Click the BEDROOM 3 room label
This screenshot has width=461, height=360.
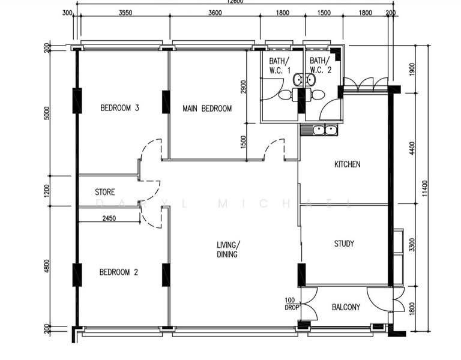click(x=119, y=109)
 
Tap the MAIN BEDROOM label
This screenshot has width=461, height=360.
click(x=207, y=109)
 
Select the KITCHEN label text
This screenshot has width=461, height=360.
click(x=347, y=164)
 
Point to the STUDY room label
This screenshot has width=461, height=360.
click(x=344, y=244)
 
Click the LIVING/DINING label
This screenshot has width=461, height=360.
click(x=228, y=250)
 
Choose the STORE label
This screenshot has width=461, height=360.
click(x=105, y=193)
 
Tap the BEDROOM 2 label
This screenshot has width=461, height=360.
click(x=118, y=272)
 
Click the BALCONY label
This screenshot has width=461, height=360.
click(x=346, y=307)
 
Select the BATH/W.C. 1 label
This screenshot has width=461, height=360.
click(x=279, y=65)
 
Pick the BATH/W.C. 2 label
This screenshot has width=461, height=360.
click(x=320, y=65)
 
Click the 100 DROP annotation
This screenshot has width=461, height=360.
click(x=292, y=304)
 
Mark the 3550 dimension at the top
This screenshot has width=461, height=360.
click(x=125, y=13)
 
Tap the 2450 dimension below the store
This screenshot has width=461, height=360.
click(x=109, y=218)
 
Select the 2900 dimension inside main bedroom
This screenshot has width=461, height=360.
click(x=243, y=87)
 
